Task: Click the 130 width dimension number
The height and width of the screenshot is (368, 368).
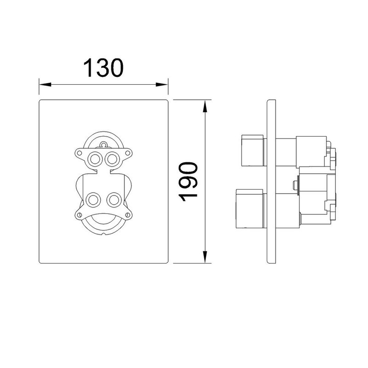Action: [103, 68]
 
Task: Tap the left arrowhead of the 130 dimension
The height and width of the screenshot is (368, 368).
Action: [45, 85]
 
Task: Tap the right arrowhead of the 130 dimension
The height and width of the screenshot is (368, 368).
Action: [162, 85]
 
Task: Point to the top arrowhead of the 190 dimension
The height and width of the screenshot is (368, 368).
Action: [205, 106]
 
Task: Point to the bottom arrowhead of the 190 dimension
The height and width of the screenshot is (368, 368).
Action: [205, 257]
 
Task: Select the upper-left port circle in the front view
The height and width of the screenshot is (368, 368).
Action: [95, 159]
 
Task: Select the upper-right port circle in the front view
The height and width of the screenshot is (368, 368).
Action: [112, 159]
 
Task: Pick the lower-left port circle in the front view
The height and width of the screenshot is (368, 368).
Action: [94, 200]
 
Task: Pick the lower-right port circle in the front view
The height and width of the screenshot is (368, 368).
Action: [114, 200]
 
